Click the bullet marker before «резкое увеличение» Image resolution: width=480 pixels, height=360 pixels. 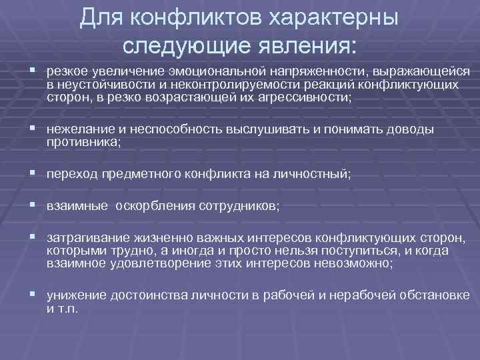[x=32, y=71]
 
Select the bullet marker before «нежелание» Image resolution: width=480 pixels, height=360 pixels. [x=32, y=129]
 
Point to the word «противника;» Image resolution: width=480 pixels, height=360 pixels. [x=83, y=141]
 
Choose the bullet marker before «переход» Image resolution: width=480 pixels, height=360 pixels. [x=32, y=173]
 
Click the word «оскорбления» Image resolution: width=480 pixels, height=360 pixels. [x=155, y=206]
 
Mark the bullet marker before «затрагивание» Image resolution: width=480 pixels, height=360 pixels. [x=32, y=238]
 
